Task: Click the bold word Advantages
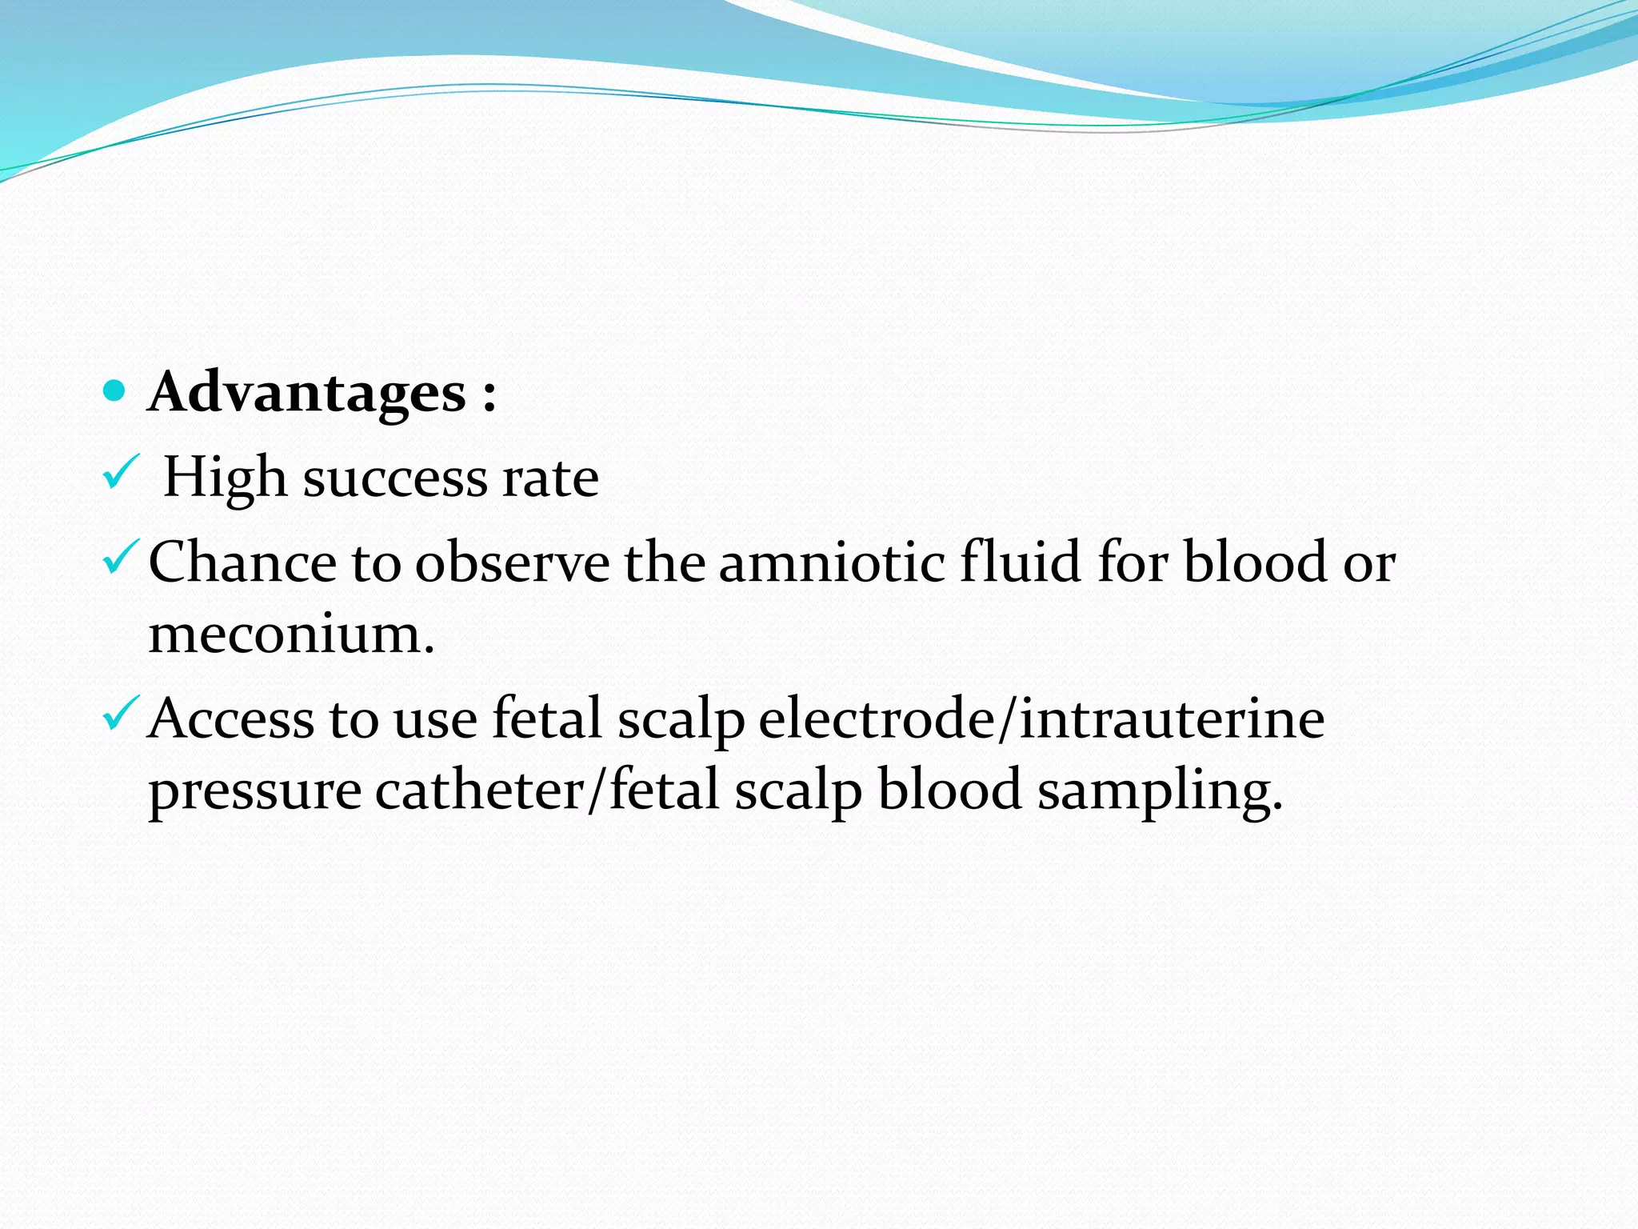click(307, 393)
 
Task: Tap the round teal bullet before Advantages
click(115, 391)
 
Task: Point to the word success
click(395, 479)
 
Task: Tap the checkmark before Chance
click(122, 557)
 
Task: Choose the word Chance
click(242, 562)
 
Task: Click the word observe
click(512, 562)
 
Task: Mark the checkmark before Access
click(122, 714)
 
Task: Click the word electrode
click(875, 718)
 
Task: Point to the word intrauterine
click(1172, 718)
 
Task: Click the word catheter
click(480, 791)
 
